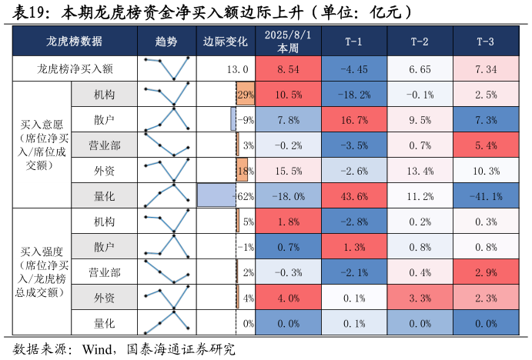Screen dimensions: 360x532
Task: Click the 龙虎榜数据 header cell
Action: [x=75, y=42]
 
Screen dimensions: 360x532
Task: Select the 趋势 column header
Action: [x=166, y=42]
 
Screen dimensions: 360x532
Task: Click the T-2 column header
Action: [x=420, y=42]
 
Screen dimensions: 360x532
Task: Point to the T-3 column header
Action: [x=486, y=42]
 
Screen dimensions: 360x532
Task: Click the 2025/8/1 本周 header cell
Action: [x=288, y=42]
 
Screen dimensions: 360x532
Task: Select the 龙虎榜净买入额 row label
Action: [x=75, y=68]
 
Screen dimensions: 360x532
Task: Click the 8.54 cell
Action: [x=288, y=68]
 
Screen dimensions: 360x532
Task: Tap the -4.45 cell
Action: [x=354, y=68]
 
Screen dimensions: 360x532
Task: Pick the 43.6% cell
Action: [x=354, y=195]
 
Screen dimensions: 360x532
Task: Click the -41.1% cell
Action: [x=486, y=195]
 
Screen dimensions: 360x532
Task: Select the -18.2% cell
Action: [x=354, y=94]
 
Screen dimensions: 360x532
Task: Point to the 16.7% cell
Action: [x=354, y=119]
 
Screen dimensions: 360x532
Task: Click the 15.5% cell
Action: [x=288, y=170]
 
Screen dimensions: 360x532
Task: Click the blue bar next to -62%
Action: [x=216, y=195]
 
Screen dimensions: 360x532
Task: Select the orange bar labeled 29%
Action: [x=246, y=94]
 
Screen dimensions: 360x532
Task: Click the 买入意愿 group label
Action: [x=42, y=144]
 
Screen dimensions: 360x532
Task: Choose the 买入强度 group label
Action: [x=42, y=271]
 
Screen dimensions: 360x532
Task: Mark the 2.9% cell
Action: [x=486, y=272]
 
